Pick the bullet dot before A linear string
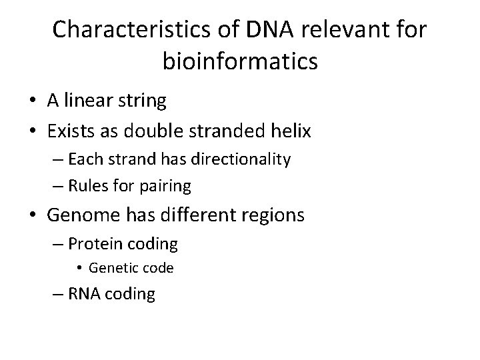pos(32,101)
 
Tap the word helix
pos(289,131)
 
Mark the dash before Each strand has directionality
pos(58,159)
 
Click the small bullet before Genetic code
pos(79,269)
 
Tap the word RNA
pos(84,294)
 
